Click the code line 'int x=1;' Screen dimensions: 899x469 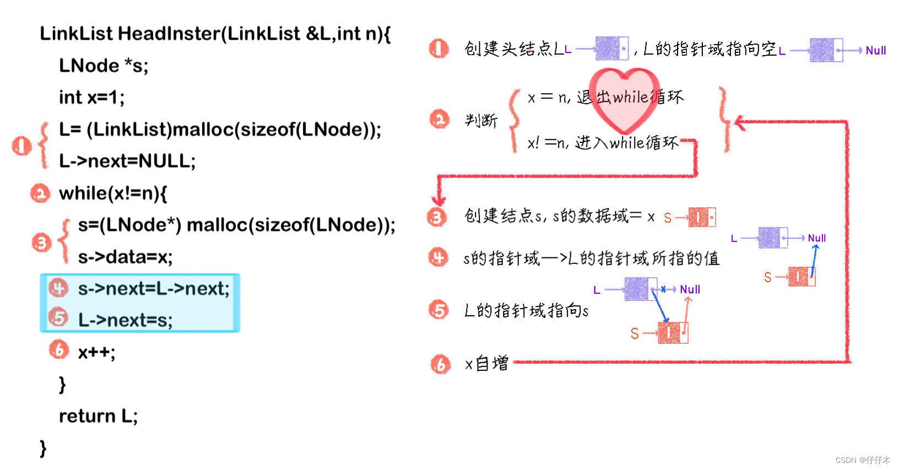(91, 98)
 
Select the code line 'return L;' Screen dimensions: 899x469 (98, 416)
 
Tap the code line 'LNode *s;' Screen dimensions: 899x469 (104, 66)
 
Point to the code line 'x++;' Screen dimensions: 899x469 (96, 352)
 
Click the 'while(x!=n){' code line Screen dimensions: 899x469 (113, 193)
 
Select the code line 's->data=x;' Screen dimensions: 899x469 (125, 257)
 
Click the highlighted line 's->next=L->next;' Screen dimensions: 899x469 (153, 288)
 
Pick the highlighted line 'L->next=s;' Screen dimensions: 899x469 (125, 320)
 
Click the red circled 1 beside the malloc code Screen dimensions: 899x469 (21, 145)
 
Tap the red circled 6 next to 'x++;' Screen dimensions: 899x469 (59, 350)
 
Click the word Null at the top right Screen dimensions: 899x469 (875, 51)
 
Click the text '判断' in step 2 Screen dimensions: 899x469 (481, 120)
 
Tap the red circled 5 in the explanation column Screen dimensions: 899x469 (439, 310)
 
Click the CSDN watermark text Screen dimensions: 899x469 (862, 460)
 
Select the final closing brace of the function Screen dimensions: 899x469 (43, 448)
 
